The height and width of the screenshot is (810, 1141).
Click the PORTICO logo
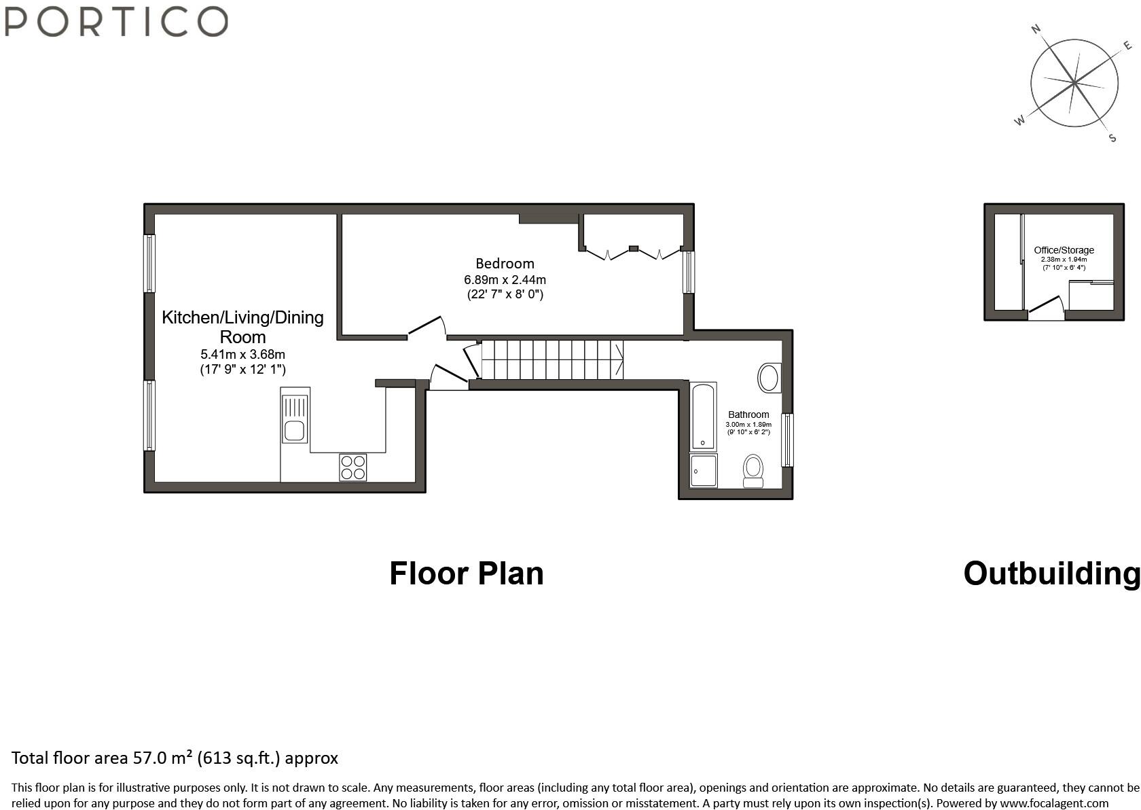[x=115, y=21]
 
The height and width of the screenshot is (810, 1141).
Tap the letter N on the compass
[x=1036, y=29]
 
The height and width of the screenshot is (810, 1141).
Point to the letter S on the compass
[x=1112, y=138]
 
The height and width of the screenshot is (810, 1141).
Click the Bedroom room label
[x=505, y=264]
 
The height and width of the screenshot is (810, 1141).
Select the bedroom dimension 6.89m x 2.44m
[x=505, y=280]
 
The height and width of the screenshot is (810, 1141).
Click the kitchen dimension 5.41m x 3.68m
[x=242, y=354]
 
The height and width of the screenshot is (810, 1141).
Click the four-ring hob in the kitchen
[x=353, y=468]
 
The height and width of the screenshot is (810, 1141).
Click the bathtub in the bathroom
[x=703, y=416]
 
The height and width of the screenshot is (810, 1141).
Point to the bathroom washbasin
[x=769, y=378]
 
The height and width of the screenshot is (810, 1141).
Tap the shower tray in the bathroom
[x=703, y=471]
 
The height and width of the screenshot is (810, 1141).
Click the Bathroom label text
[x=748, y=415]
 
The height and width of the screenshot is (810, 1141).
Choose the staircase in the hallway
[x=551, y=359]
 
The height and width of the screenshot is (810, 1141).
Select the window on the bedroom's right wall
[x=689, y=272]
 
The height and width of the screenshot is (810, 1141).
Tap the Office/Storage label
[x=1064, y=250]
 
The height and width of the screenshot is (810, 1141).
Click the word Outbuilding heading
[x=1051, y=574]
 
